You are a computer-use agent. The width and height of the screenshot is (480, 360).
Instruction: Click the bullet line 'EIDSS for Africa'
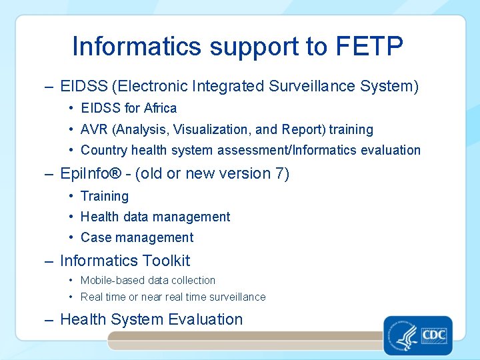pos(128,108)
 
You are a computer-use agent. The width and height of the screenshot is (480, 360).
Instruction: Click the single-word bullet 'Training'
pos(104,196)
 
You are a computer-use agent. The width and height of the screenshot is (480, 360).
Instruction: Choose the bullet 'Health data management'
pos(155,217)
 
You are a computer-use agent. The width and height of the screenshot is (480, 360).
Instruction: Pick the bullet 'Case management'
pos(137,237)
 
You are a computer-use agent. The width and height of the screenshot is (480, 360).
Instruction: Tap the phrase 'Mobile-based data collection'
pos(147,281)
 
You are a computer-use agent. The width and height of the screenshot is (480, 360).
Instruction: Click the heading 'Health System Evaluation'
pos(151,319)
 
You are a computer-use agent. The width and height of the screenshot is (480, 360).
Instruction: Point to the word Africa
pos(161,108)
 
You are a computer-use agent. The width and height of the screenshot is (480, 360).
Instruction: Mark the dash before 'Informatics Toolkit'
pos(49,261)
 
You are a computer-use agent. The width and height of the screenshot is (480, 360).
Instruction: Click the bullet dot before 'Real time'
pos(71,297)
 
